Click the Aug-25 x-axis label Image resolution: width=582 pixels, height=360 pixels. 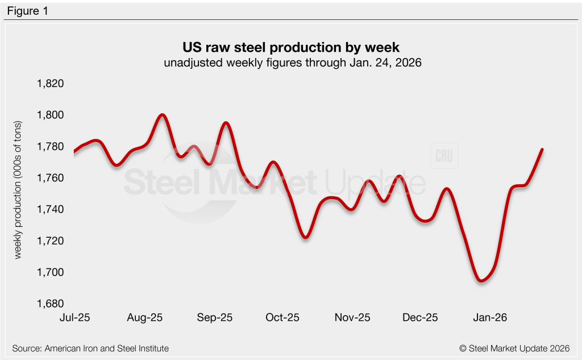[146, 318]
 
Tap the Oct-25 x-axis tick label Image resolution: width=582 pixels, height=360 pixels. [282, 318]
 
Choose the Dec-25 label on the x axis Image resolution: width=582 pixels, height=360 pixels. [421, 318]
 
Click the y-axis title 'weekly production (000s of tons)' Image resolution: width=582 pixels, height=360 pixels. [18, 190]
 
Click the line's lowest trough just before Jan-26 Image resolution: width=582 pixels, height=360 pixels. [481, 280]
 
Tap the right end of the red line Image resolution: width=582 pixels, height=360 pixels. [542, 150]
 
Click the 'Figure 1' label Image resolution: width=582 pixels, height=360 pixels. [27, 11]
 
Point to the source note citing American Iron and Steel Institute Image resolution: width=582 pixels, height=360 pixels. [90, 348]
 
